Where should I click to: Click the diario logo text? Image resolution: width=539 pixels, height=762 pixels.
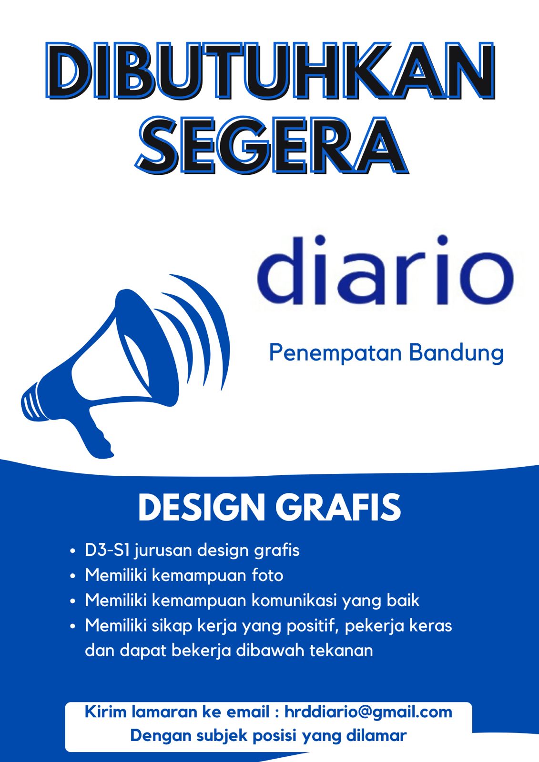tap(385, 270)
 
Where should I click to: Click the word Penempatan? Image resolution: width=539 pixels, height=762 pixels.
tap(336, 354)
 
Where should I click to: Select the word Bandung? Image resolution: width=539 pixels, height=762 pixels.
tap(456, 354)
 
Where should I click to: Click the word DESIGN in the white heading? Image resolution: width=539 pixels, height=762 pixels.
tap(202, 507)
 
